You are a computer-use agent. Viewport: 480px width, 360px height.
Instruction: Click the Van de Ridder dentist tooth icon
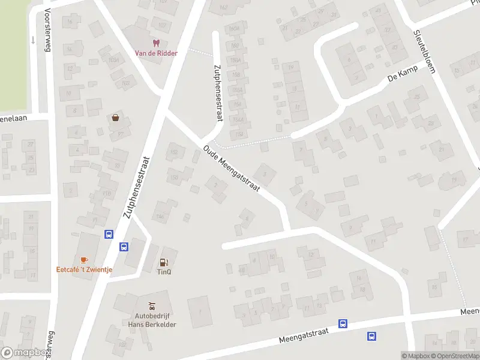coord(156,43)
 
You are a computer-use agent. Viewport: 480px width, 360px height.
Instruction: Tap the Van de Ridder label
coord(156,53)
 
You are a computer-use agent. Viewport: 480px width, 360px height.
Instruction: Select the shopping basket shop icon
coord(115,118)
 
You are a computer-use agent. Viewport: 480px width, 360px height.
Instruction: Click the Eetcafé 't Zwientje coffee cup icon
coord(84,260)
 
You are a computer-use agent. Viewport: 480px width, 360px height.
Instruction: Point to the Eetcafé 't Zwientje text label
coord(84,269)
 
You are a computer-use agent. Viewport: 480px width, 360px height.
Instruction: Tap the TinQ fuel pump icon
coord(164,262)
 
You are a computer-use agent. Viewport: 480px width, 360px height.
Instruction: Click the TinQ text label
coord(164,271)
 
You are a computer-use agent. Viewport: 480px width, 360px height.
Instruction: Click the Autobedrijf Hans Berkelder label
coord(151,319)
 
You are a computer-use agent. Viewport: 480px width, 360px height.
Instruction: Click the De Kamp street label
coord(401,76)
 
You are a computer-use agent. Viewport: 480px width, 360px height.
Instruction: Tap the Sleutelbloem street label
coord(423,52)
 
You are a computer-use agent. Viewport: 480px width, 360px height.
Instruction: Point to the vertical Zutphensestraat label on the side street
coord(214,93)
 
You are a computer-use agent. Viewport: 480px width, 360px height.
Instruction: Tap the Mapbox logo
coord(24,353)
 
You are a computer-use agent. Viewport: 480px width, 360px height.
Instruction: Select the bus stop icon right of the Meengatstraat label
coord(343,324)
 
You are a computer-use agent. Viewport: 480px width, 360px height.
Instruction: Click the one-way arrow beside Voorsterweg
coord(33,40)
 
